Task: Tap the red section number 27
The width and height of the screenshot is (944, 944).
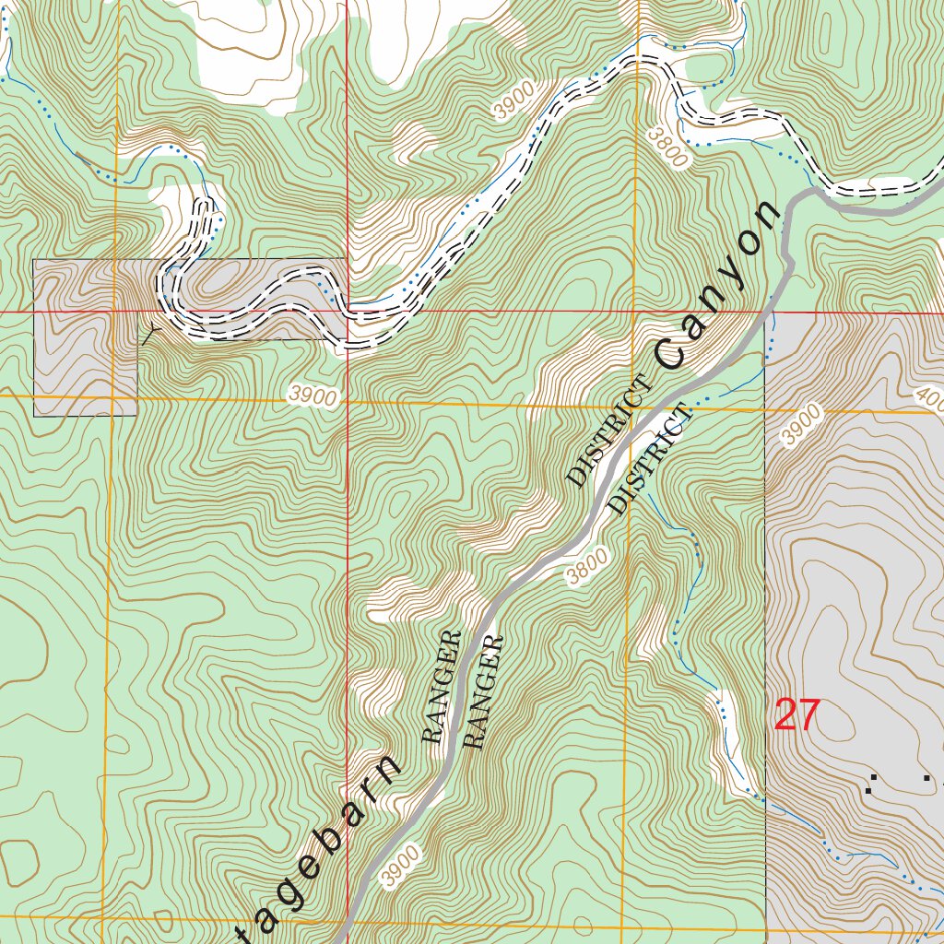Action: coord(796,715)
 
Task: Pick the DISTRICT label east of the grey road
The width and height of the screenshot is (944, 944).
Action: coord(650,458)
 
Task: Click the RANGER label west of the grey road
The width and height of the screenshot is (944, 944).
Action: coord(442,687)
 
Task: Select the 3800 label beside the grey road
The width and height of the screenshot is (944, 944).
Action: coord(587,566)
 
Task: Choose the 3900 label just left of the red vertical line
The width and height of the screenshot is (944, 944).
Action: coord(312,396)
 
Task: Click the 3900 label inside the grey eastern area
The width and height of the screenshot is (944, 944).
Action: coord(801,425)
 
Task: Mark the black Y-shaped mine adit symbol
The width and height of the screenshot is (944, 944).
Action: coord(150,334)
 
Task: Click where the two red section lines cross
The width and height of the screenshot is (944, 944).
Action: coord(348,312)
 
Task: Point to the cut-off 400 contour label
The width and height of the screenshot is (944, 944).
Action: coord(929,399)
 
